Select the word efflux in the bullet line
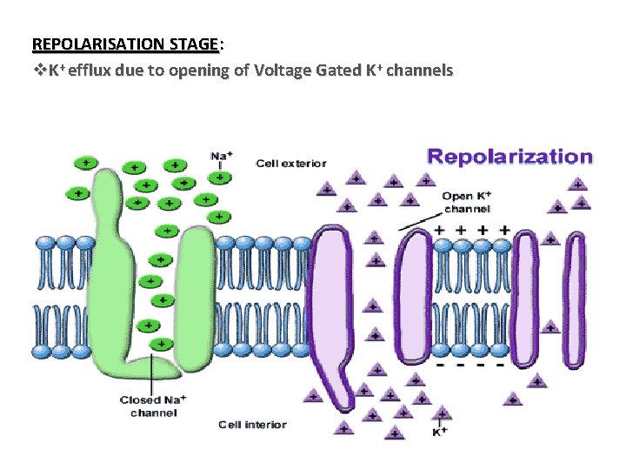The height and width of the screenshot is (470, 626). click(96, 71)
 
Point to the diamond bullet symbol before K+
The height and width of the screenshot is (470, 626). click(37, 71)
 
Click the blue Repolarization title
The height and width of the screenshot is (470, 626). click(510, 158)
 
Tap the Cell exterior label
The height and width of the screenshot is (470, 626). click(290, 163)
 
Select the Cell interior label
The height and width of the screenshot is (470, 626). click(252, 425)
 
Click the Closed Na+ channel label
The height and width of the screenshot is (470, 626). click(153, 406)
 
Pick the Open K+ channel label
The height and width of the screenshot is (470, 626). click(466, 202)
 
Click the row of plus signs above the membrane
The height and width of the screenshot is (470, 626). click(469, 230)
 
